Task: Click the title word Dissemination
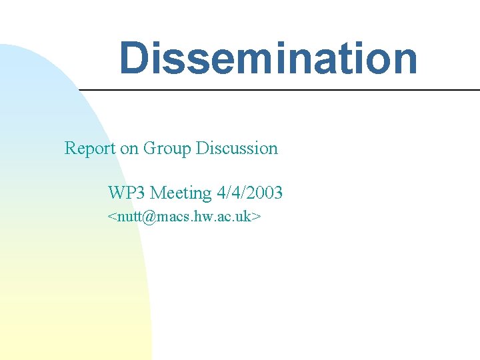pos(268,58)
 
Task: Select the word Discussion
pos(237,148)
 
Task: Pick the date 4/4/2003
pos(249,193)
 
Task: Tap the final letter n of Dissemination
pos(405,58)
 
